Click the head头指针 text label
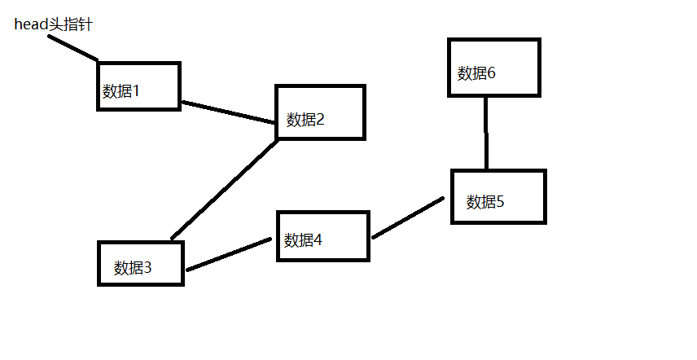coord(54,25)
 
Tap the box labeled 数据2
coord(320,112)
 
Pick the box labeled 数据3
coord(140,262)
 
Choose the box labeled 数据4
coord(323,236)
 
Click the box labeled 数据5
coord(498,196)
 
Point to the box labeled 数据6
coord(493,67)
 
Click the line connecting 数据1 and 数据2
coord(228,112)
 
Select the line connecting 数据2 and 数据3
coord(225,189)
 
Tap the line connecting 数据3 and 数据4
coord(228,254)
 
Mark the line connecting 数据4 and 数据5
coord(407,217)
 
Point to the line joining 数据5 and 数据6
coord(486,133)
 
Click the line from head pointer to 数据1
coord(72,48)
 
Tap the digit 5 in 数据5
coord(500,202)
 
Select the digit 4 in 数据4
coord(318,240)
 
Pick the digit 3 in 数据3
coord(147,267)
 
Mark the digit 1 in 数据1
coord(136,90)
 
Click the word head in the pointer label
coord(30,25)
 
